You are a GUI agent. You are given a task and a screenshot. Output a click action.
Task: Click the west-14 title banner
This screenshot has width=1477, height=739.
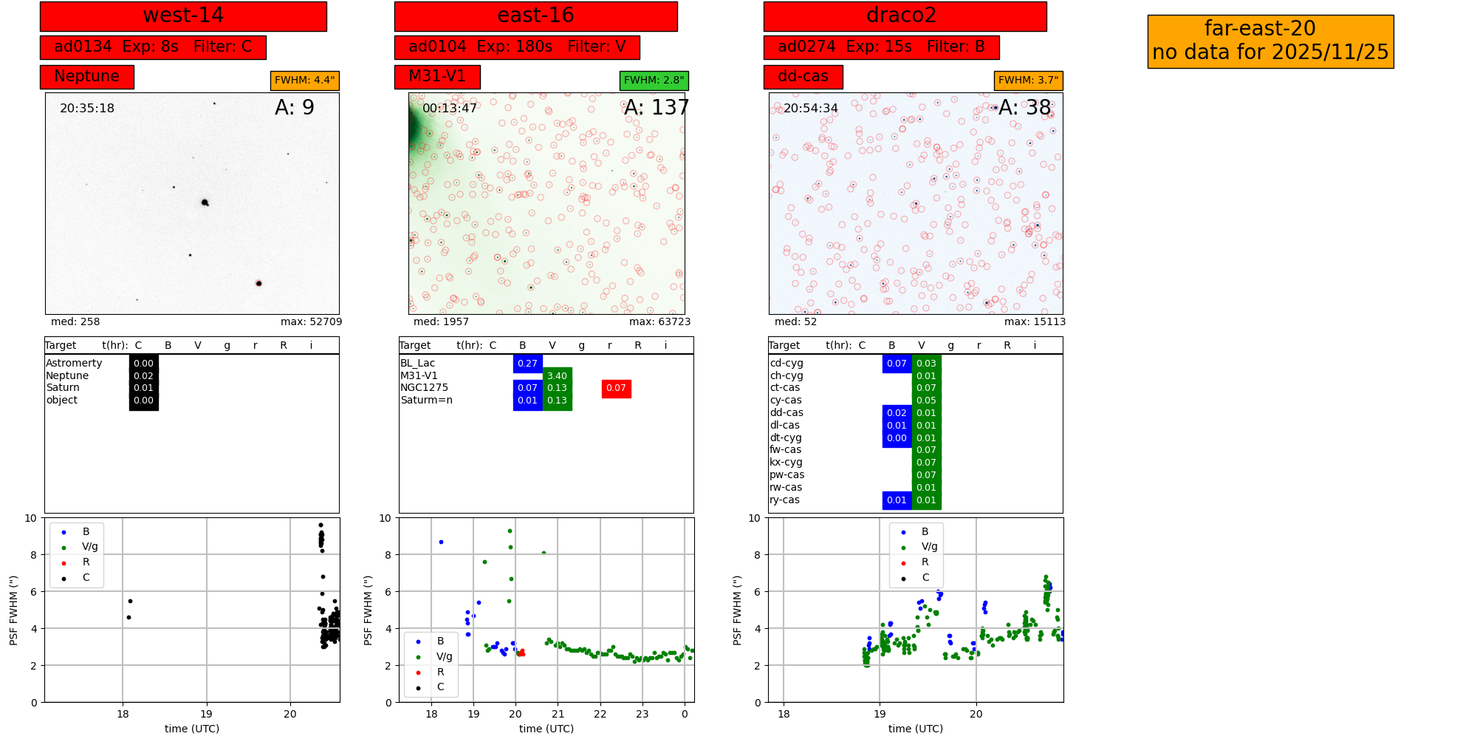pyautogui.click(x=183, y=16)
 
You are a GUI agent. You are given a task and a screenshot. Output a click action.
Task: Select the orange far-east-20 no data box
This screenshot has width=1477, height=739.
pyautogui.click(x=1270, y=41)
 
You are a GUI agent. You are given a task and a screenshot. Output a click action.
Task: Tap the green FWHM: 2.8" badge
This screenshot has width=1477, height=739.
pyautogui.click(x=654, y=80)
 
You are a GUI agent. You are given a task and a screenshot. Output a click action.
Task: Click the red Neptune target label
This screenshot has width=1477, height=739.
pyautogui.click(x=86, y=76)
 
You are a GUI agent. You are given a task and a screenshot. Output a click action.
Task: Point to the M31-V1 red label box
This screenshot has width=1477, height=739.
pyautogui.click(x=437, y=76)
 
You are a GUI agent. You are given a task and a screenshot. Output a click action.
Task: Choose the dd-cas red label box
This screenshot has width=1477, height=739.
pyautogui.click(x=803, y=76)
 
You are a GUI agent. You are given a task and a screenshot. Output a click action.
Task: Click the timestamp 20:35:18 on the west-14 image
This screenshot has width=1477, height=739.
pyautogui.click(x=87, y=108)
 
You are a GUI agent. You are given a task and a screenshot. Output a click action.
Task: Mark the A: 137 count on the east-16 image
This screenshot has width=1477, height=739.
pyautogui.click(x=656, y=108)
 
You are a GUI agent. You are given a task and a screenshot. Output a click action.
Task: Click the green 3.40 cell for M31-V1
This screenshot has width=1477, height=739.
pyautogui.click(x=557, y=376)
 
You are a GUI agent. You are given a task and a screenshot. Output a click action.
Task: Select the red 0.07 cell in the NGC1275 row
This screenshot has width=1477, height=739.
pyautogui.click(x=616, y=388)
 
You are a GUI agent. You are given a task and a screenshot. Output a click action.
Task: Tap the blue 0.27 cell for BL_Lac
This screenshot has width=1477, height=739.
pyautogui.click(x=527, y=364)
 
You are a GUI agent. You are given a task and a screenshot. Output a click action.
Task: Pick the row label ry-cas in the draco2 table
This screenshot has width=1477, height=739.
pyautogui.click(x=784, y=500)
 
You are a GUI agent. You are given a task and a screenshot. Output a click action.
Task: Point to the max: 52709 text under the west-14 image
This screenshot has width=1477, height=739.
pyautogui.click(x=311, y=322)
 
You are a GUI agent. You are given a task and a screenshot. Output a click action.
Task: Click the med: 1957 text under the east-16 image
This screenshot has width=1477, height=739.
pyautogui.click(x=441, y=322)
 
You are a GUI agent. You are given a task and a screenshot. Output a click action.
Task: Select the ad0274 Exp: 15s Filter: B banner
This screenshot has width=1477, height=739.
pyautogui.click(x=881, y=47)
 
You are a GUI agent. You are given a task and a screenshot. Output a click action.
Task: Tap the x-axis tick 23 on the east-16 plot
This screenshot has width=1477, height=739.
pyautogui.click(x=642, y=715)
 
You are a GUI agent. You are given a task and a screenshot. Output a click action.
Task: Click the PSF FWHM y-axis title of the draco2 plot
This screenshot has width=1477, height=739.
pyautogui.click(x=737, y=610)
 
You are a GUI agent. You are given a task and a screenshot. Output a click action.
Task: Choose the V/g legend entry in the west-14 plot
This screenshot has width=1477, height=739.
pyautogui.click(x=89, y=547)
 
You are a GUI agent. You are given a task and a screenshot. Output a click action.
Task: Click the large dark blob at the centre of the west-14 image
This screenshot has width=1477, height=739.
pyautogui.click(x=205, y=202)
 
